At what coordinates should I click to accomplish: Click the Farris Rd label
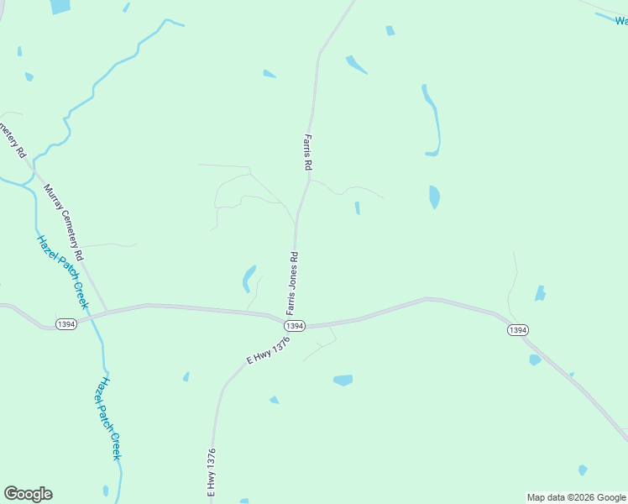coord(308,153)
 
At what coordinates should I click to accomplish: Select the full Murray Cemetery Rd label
coord(64,222)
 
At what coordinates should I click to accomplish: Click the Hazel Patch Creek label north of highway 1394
coord(62,271)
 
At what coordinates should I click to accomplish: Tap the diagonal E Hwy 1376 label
coord(268,349)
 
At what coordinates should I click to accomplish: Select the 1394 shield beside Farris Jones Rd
coord(293,326)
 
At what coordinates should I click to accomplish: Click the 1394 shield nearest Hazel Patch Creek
coord(66,324)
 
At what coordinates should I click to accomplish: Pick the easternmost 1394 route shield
coord(517,330)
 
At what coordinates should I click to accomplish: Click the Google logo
coord(28,494)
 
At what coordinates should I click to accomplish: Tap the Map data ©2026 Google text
coord(577,497)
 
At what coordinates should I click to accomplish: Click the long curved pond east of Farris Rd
coord(432,122)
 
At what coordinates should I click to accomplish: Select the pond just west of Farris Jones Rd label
coord(249,277)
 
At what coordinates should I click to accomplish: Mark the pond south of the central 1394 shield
coord(343,381)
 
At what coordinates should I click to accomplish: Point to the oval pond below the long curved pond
coord(434,197)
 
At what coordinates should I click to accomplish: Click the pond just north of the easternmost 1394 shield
coord(540,293)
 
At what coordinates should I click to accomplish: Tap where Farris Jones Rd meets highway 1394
coord(296,318)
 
